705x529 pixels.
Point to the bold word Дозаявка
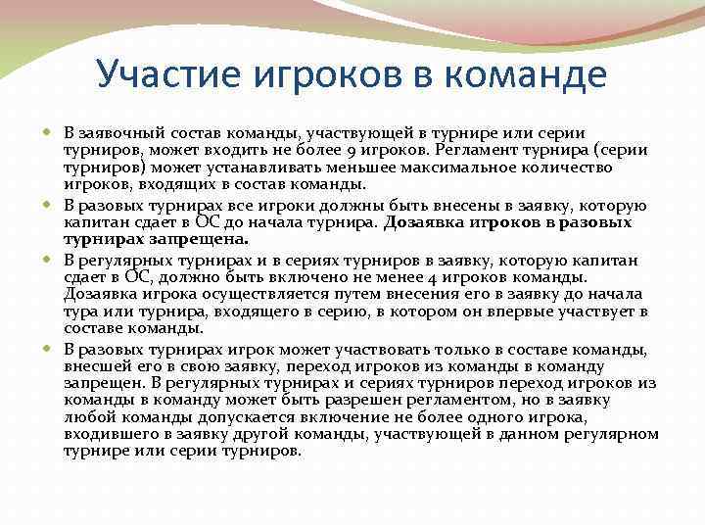pos(422,221)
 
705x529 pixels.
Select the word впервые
pos(500,312)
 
